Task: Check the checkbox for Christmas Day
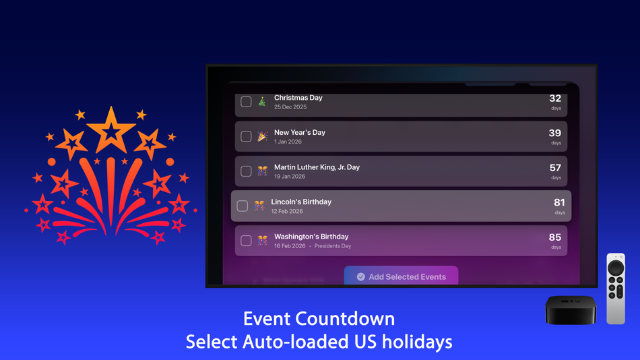click(246, 102)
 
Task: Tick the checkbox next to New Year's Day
click(246, 137)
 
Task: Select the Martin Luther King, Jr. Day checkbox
click(246, 171)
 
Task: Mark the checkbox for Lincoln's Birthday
click(243, 206)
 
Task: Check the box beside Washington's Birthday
click(246, 241)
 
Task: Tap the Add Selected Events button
click(401, 276)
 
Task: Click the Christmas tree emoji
click(262, 102)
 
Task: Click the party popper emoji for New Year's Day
click(262, 137)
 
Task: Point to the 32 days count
click(555, 99)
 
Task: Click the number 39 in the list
click(555, 133)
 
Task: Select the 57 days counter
click(555, 168)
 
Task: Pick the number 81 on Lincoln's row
click(559, 203)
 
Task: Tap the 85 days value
click(555, 237)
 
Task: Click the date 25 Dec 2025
click(290, 107)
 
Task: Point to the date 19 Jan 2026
click(290, 177)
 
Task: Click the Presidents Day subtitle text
click(333, 246)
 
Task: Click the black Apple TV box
click(571, 309)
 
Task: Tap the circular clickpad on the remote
click(616, 268)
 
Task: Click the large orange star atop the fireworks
click(111, 129)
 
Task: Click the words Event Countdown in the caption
click(319, 318)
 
